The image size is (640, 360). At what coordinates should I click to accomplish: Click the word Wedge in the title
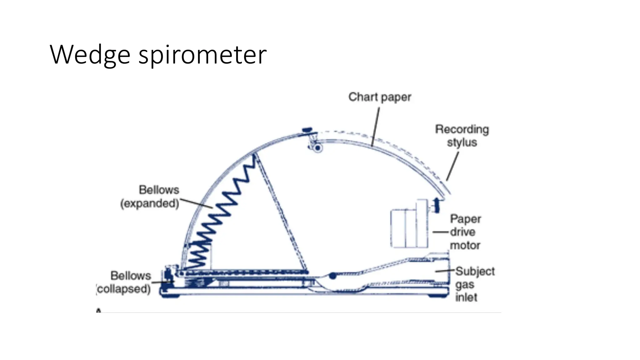90,55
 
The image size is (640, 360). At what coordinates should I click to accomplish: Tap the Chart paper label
380,97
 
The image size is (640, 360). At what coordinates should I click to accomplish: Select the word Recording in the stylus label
462,129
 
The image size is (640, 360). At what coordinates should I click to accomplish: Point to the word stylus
462,142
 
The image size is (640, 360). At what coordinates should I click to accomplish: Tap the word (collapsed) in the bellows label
124,289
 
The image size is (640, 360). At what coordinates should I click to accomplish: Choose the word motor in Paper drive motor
465,245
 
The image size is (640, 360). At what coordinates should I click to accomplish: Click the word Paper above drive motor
465,219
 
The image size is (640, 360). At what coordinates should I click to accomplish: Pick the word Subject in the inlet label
475,271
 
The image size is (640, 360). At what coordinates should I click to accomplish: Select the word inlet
466,297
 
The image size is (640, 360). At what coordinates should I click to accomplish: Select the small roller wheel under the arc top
318,148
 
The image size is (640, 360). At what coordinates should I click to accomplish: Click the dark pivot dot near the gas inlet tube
333,276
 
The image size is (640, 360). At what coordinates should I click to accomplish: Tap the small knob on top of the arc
307,129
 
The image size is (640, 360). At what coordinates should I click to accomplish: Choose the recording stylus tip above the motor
437,205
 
